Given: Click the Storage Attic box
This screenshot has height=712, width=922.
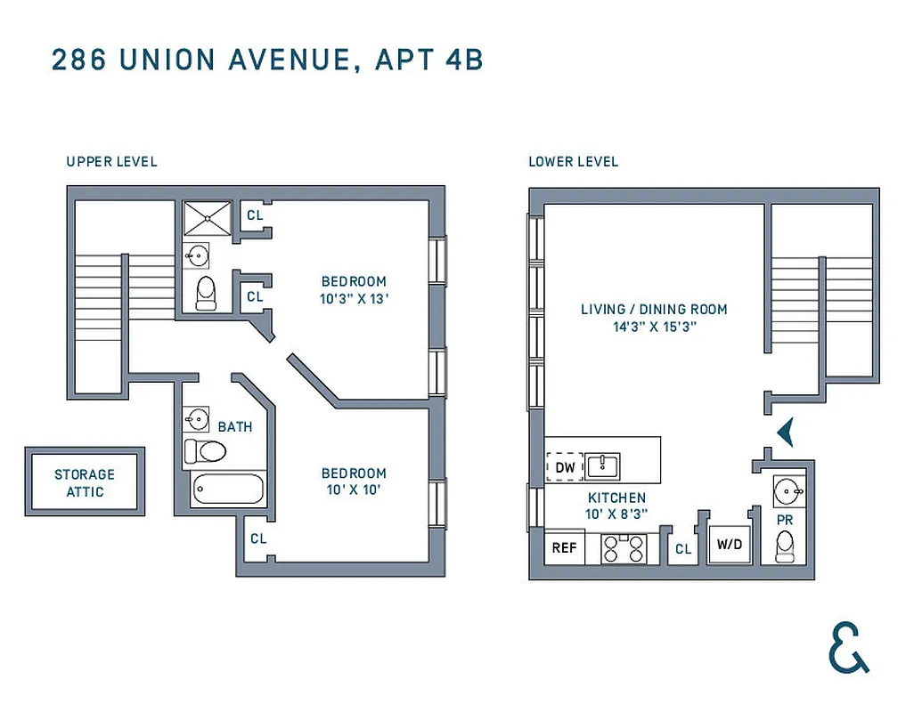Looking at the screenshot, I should click(x=85, y=482).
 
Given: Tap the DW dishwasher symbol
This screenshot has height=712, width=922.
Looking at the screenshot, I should click(x=565, y=466).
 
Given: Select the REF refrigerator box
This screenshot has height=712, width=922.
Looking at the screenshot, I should click(x=565, y=547).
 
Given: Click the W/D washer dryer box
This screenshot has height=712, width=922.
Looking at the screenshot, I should click(x=730, y=544).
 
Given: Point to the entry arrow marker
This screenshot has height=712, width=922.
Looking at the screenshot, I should click(x=785, y=433).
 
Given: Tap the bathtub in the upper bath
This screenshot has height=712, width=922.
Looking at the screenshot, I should click(x=227, y=489).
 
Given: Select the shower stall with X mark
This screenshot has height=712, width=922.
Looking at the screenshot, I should click(x=207, y=219).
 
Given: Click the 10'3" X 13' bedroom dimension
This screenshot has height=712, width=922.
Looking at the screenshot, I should click(x=355, y=299).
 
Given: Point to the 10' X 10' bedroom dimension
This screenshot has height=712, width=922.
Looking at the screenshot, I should click(x=354, y=489).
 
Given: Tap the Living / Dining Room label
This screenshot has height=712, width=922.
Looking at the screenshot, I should click(x=654, y=309).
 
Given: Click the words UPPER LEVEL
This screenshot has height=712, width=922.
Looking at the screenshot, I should click(x=111, y=161).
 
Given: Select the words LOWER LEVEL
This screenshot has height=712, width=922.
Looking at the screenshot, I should click(x=573, y=161).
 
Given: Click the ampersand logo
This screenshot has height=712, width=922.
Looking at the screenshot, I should click(x=848, y=647).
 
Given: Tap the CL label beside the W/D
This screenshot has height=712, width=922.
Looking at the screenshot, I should click(x=683, y=549).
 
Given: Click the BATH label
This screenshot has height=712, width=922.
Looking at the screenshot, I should click(x=235, y=426).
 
